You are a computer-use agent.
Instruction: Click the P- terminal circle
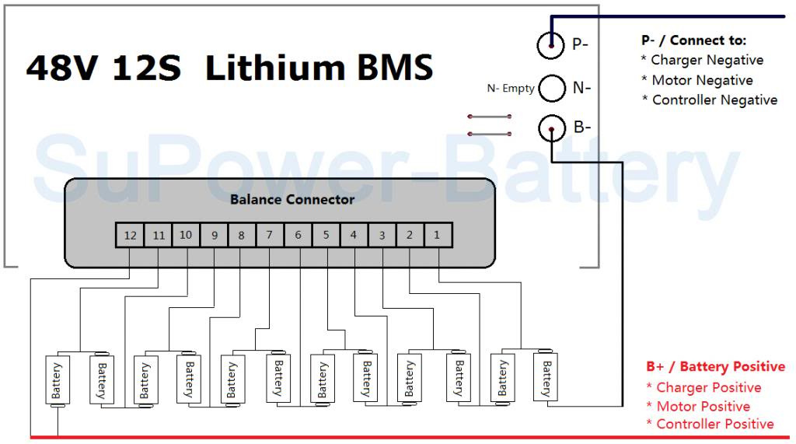551,45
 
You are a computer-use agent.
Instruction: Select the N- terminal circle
551,88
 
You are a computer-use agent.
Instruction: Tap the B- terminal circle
551,128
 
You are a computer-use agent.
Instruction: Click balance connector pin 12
130,235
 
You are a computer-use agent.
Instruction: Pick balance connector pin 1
438,235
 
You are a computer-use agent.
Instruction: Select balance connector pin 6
298,235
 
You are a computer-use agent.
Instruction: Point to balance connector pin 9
214,235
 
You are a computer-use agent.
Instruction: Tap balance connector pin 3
382,235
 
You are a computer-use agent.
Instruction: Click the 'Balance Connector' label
292,200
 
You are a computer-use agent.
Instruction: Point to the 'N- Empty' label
510,89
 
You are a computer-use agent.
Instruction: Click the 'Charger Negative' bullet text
707,60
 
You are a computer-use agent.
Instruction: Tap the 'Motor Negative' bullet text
702,80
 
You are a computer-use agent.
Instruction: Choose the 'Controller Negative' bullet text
714,100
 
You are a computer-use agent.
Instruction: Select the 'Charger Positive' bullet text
708,387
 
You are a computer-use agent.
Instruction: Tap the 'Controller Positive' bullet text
714,424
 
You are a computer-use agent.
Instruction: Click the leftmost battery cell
57,380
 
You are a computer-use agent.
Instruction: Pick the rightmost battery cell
545,376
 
